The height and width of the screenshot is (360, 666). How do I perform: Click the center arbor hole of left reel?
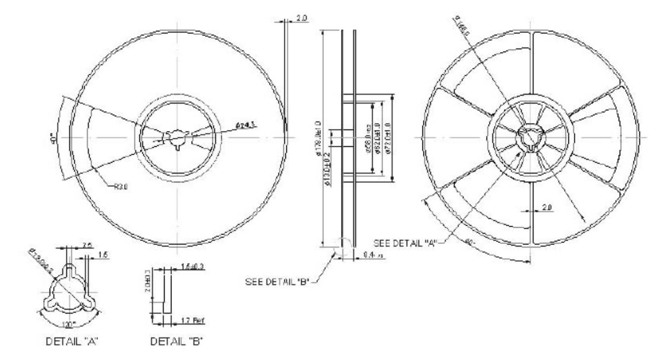tap(177, 137)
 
